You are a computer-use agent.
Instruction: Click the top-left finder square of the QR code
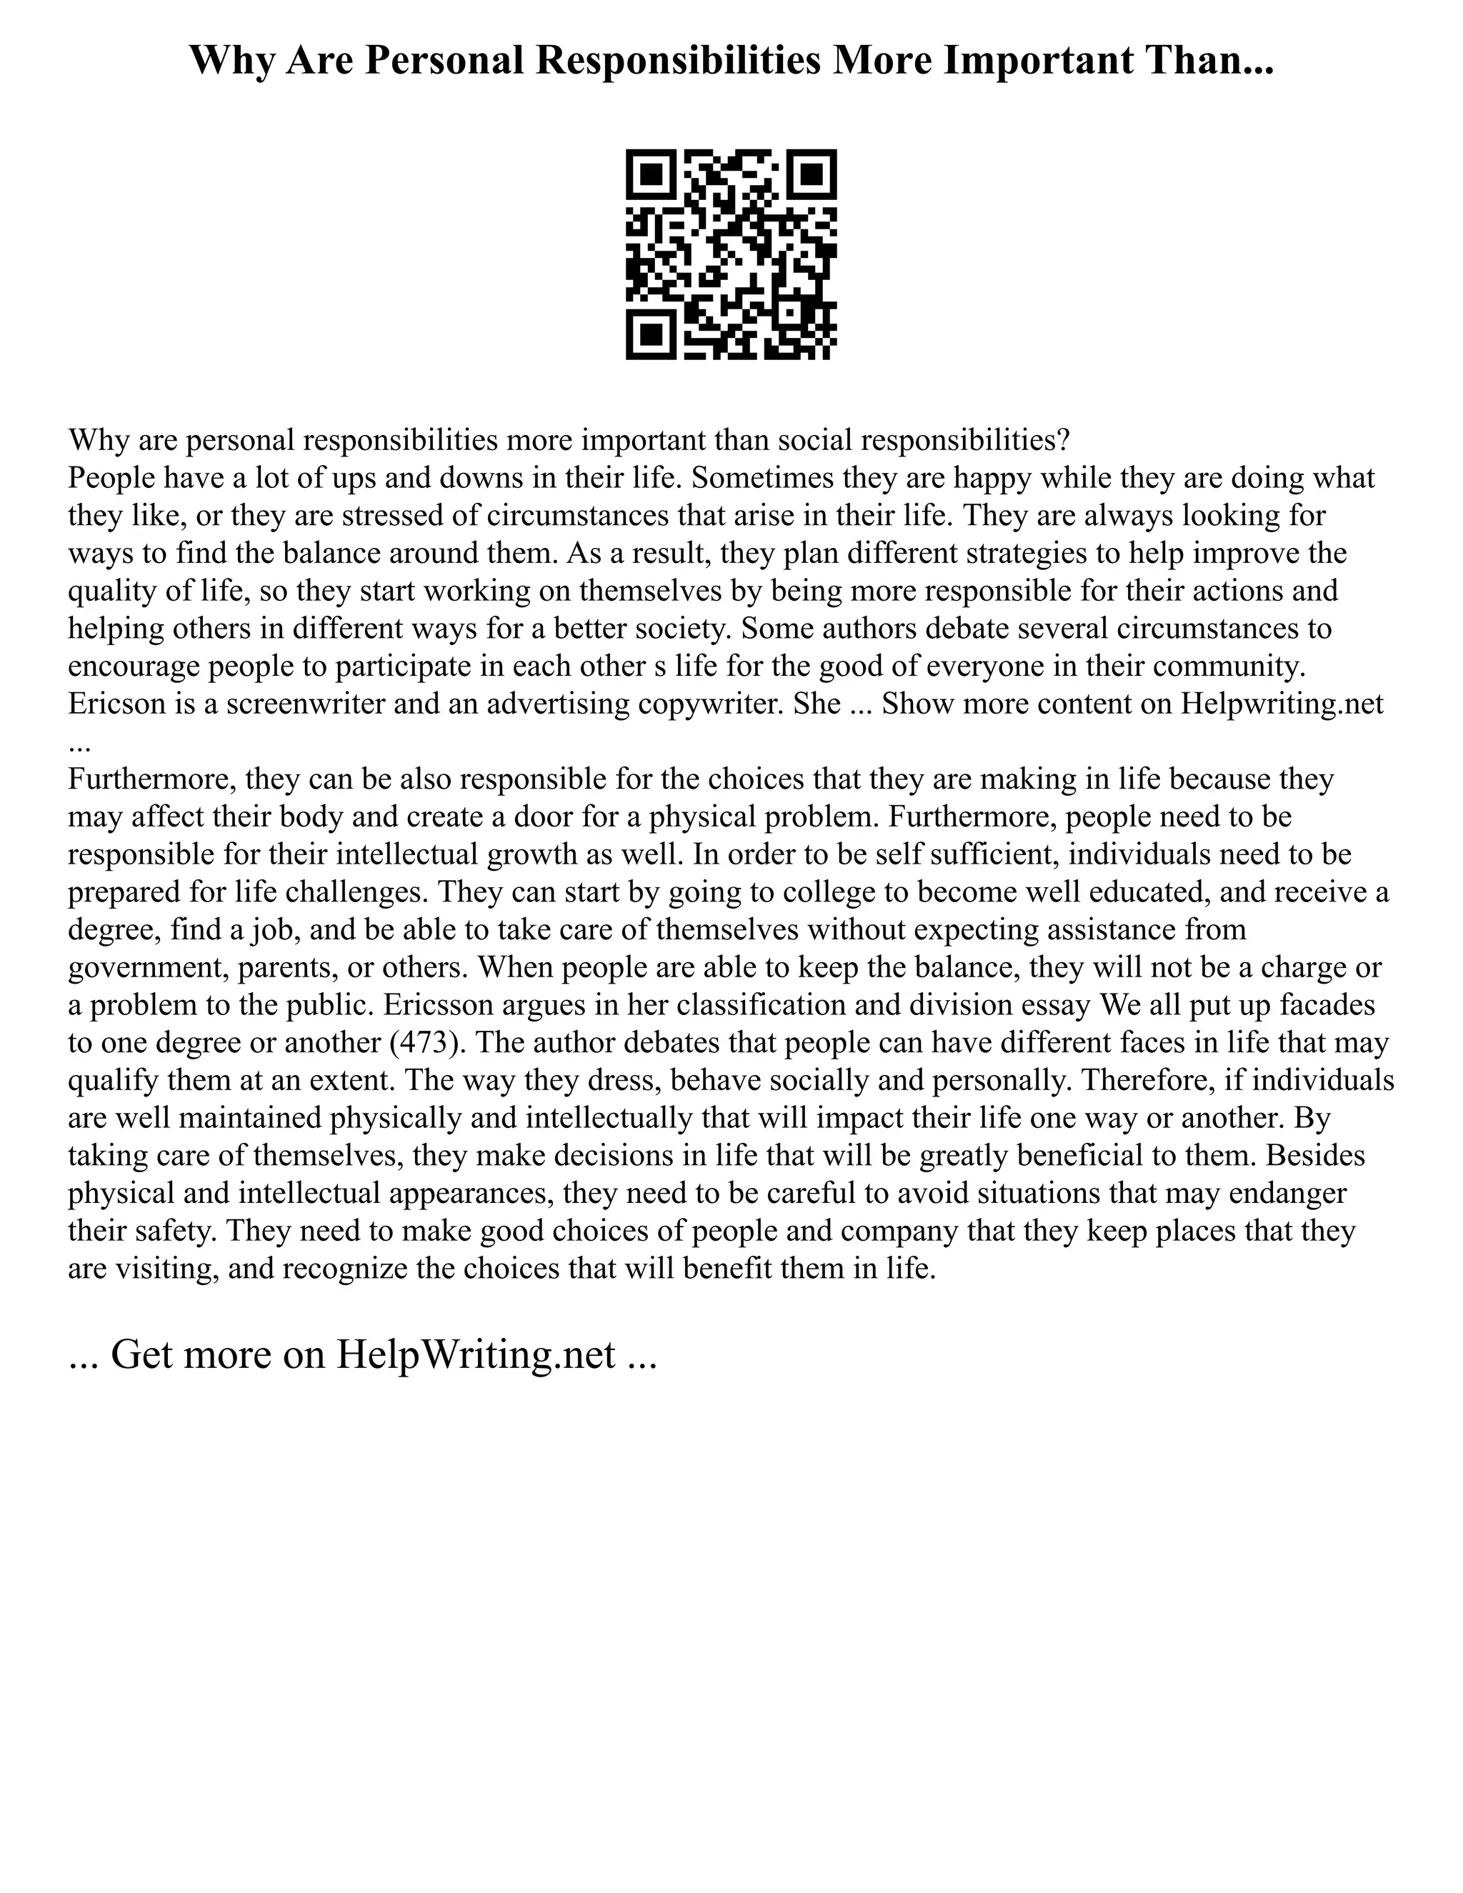point(651,175)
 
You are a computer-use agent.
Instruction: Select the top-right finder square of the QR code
point(812,175)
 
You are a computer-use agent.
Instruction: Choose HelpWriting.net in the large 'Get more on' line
point(475,1354)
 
